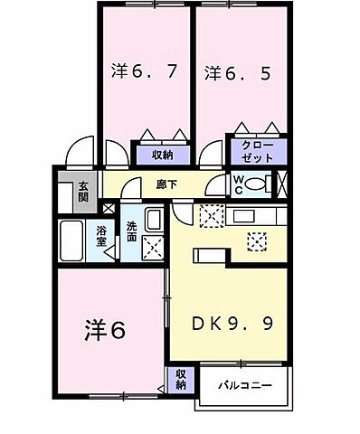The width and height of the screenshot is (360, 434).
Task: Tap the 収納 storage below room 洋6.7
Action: [163, 153]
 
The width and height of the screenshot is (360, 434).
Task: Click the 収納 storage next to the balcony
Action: [180, 379]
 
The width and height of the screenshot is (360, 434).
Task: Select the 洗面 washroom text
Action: [133, 232]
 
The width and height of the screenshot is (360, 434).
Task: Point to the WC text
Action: [237, 184]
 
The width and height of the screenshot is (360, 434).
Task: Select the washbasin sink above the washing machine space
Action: [153, 220]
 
